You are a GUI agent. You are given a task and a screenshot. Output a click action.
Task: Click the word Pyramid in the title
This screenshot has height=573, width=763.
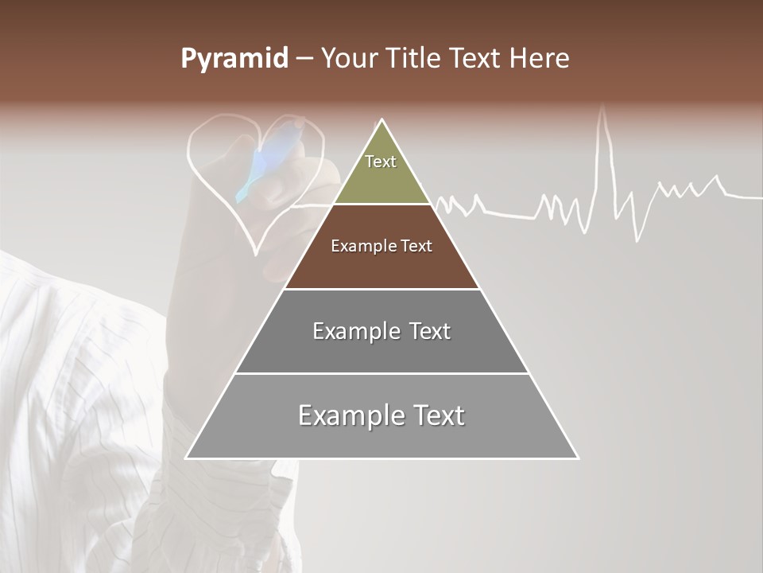(x=234, y=59)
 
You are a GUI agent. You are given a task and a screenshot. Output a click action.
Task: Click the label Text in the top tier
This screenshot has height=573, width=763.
(x=381, y=162)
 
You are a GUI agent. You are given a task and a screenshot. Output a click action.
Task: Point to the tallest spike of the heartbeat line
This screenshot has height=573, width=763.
(x=602, y=111)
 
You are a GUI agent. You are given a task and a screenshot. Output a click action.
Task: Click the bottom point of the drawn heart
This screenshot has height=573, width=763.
(x=256, y=253)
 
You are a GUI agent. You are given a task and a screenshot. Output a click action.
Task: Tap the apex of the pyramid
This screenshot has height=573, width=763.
(x=382, y=120)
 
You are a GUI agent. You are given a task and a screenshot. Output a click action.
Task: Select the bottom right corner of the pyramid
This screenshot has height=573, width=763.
(x=577, y=458)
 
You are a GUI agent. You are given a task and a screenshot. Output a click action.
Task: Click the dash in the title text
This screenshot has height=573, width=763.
(x=304, y=59)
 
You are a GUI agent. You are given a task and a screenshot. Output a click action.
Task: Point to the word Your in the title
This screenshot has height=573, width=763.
(x=350, y=59)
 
